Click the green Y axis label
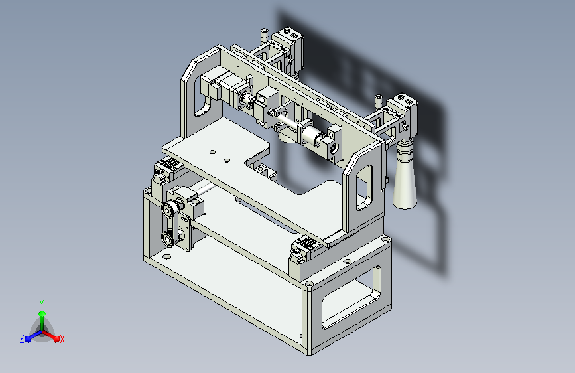pyautogui.click(x=42, y=303)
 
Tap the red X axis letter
pyautogui.click(x=62, y=339)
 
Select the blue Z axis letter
pyautogui.click(x=22, y=339)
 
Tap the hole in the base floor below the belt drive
pyautogui.click(x=166, y=253)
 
